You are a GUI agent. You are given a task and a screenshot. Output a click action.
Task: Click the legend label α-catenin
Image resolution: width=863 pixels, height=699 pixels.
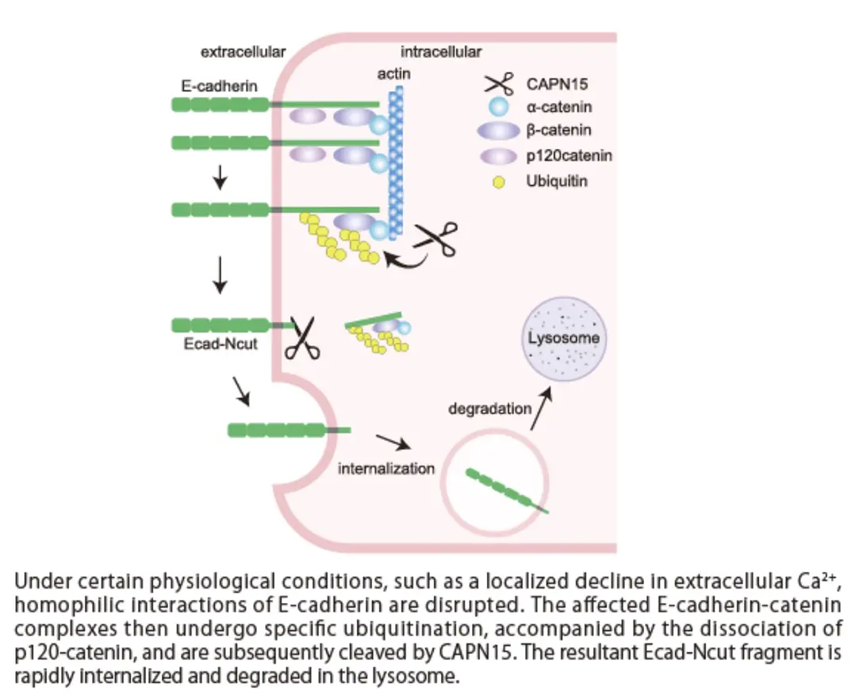tap(559, 106)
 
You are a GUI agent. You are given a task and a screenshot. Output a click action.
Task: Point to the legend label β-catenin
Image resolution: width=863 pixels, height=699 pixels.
tap(559, 130)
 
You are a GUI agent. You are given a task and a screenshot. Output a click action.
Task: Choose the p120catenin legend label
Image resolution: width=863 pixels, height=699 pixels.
tap(569, 156)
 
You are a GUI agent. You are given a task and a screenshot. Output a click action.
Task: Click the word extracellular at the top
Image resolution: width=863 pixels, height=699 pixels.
tap(243, 52)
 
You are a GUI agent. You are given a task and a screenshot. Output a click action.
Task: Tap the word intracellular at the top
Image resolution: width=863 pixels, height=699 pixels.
tap(440, 52)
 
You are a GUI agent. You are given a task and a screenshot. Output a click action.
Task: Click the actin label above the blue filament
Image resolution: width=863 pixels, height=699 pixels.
tap(393, 74)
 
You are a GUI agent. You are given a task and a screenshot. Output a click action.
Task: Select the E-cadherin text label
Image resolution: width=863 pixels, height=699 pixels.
tap(214, 86)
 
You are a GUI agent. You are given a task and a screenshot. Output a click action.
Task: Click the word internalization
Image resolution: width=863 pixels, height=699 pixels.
tap(386, 468)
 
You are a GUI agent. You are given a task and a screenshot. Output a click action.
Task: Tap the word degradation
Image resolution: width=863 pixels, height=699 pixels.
tap(489, 409)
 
